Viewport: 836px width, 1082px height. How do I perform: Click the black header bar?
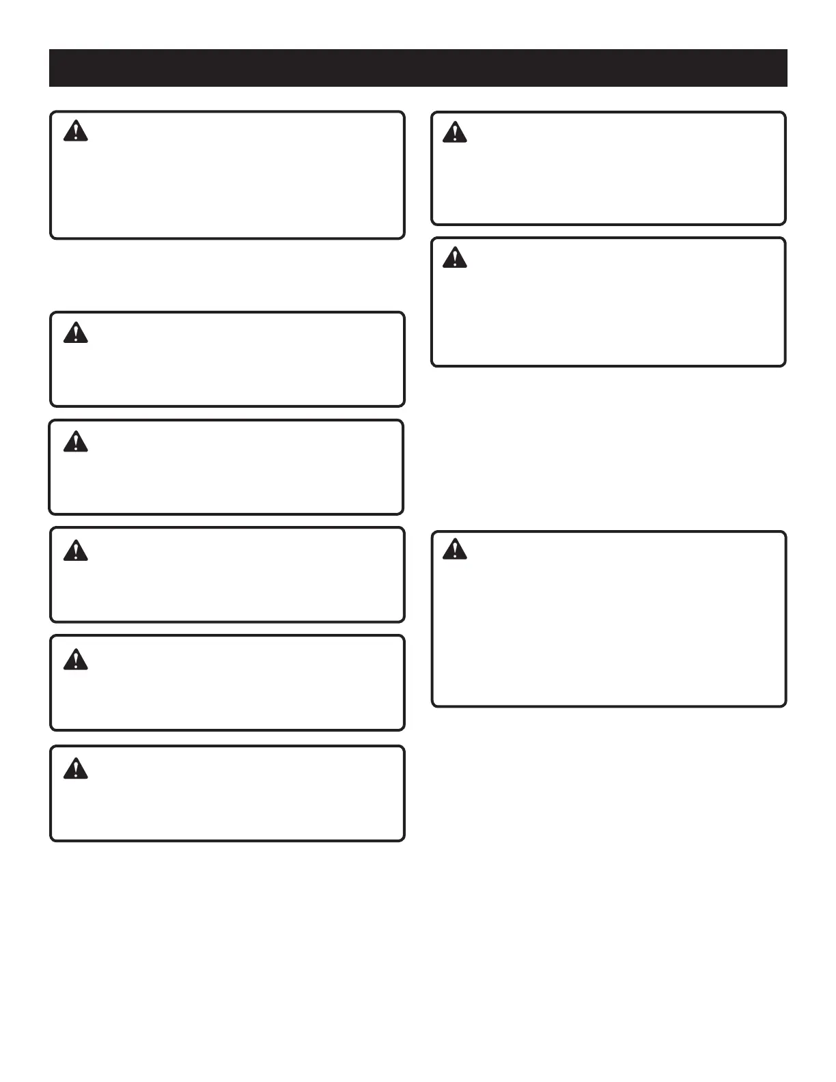click(x=418, y=68)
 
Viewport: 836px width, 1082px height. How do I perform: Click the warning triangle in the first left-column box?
click(x=76, y=131)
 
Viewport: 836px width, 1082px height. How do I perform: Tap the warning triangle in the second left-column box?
click(x=76, y=333)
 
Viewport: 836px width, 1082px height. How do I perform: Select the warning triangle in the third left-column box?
click(x=76, y=442)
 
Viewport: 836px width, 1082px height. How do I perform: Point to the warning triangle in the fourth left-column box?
click(x=76, y=551)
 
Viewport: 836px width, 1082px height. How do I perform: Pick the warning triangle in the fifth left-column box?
click(x=76, y=659)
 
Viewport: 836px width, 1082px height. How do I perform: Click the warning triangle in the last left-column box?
click(x=76, y=769)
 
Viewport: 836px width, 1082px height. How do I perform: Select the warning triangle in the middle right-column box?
click(x=455, y=258)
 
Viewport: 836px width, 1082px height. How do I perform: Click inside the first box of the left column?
click(x=227, y=184)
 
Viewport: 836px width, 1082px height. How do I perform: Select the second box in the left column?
click(x=227, y=369)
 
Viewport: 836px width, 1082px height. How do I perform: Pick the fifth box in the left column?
click(x=227, y=693)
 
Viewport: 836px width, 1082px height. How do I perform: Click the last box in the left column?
click(x=227, y=803)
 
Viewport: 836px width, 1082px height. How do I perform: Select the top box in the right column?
click(x=608, y=178)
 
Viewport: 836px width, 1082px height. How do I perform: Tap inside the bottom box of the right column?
click(x=608, y=628)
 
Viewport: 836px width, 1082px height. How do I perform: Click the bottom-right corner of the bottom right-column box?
click(x=784, y=704)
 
